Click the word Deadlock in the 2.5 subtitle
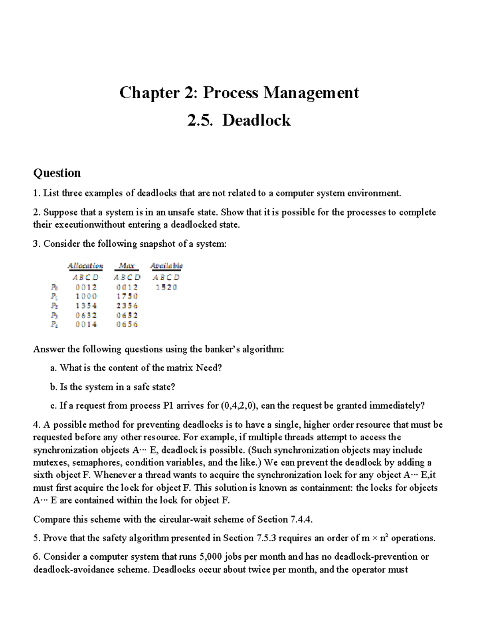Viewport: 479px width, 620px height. click(x=256, y=120)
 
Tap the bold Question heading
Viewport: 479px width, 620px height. click(x=57, y=173)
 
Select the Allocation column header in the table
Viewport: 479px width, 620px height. click(x=85, y=266)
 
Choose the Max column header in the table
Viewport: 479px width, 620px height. click(x=127, y=266)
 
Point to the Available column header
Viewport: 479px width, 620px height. click(x=166, y=266)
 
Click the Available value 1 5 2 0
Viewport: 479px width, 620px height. click(x=166, y=287)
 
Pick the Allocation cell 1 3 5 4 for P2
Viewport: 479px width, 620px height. click(x=86, y=306)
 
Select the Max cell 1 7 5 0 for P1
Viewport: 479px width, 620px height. click(x=127, y=296)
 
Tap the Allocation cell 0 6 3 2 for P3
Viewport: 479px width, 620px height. click(x=86, y=315)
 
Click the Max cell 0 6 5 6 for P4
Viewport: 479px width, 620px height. click(x=127, y=325)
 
